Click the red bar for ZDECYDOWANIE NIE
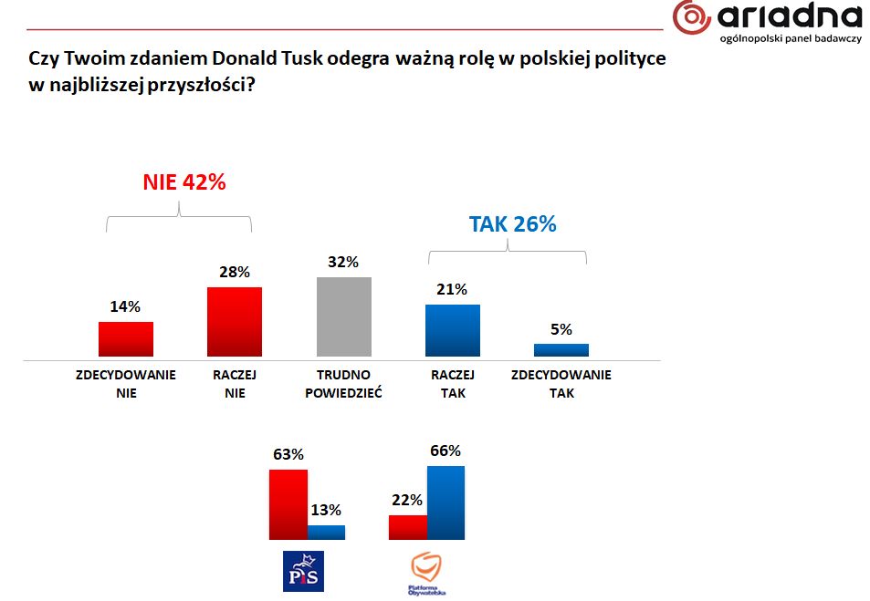[x=126, y=338]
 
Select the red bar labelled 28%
[x=235, y=321]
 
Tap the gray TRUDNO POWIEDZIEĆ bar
[x=343, y=316]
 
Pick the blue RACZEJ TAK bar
[x=453, y=330]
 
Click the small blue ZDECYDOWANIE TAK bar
[x=561, y=349]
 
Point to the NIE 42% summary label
[x=183, y=182]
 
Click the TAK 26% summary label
[x=512, y=224]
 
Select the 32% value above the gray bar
[x=344, y=263]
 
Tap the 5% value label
[x=561, y=329]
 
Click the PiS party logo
[x=303, y=571]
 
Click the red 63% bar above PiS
[x=288, y=504]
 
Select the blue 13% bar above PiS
[x=326, y=533]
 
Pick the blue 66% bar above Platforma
[x=445, y=503]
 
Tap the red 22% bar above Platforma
[x=407, y=527]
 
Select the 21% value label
[x=452, y=290]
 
